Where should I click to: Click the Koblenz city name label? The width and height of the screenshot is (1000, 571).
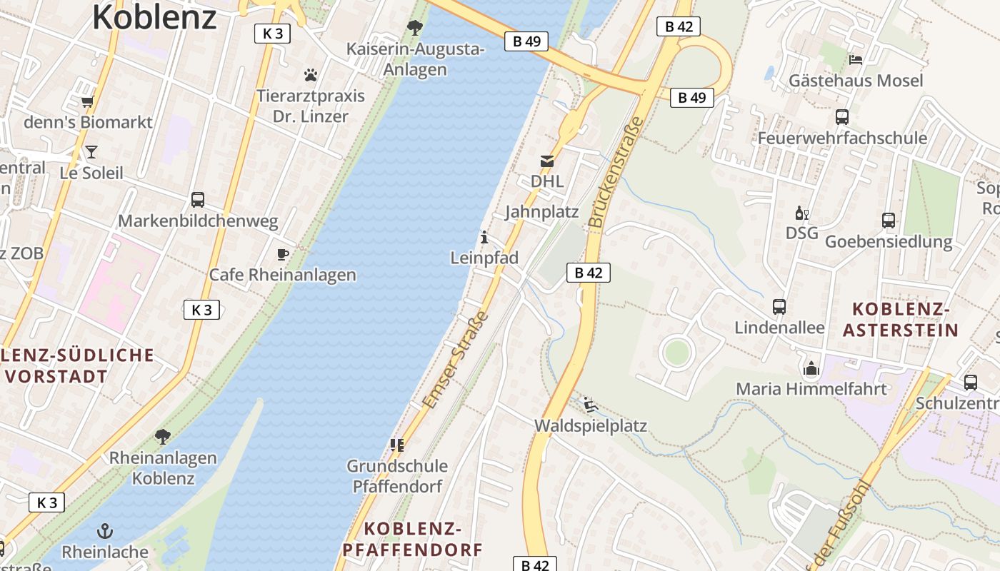pos(154,17)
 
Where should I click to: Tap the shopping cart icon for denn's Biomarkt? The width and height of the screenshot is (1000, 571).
pos(88,102)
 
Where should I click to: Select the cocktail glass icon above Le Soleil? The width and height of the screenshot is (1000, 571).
pos(91,151)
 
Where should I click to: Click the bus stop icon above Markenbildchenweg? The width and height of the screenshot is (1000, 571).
pos(198,200)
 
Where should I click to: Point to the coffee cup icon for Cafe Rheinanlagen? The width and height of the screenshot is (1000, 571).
pos(283,254)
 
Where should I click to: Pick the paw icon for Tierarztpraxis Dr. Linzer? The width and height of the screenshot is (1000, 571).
pos(310,75)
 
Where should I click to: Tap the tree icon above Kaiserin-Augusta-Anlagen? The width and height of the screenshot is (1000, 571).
pos(414,29)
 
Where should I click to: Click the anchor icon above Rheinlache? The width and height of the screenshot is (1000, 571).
pos(105,531)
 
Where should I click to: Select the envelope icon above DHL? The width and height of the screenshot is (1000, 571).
pos(547,161)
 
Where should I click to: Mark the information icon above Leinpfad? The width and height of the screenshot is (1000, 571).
pos(484,237)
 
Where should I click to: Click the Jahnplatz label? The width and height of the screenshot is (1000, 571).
pos(541,212)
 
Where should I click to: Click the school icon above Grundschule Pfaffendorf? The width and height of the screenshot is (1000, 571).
pos(397,445)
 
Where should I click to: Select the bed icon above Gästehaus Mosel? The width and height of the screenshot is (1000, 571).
pos(855,59)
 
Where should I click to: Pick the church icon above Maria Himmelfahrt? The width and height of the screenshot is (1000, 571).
pos(811,368)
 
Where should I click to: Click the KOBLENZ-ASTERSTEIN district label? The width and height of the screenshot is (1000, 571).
pos(901,320)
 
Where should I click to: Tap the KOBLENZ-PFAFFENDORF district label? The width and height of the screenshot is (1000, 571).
pos(413,539)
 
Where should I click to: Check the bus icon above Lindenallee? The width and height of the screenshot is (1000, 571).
pos(779,307)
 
